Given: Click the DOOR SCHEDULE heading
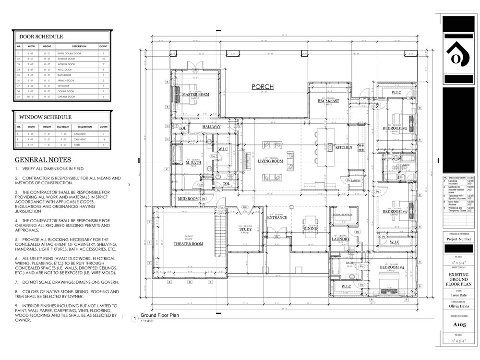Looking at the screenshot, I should tap(41, 36).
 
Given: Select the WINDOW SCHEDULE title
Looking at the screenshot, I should tap(45, 117).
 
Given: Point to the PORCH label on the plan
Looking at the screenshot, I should tap(263, 87).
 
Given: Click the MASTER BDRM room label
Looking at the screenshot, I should tap(195, 95).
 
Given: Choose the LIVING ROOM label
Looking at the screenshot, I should tap(270, 161).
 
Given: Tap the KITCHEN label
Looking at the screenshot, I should tap(344, 147).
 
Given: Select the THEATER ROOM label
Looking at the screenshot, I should tap(188, 244).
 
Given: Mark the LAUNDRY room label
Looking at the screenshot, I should tap(340, 239).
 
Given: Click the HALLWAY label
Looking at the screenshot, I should tap(211, 127).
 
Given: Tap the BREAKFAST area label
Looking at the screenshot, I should tap(328, 101).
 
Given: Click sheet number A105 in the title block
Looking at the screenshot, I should tap(459, 324).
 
